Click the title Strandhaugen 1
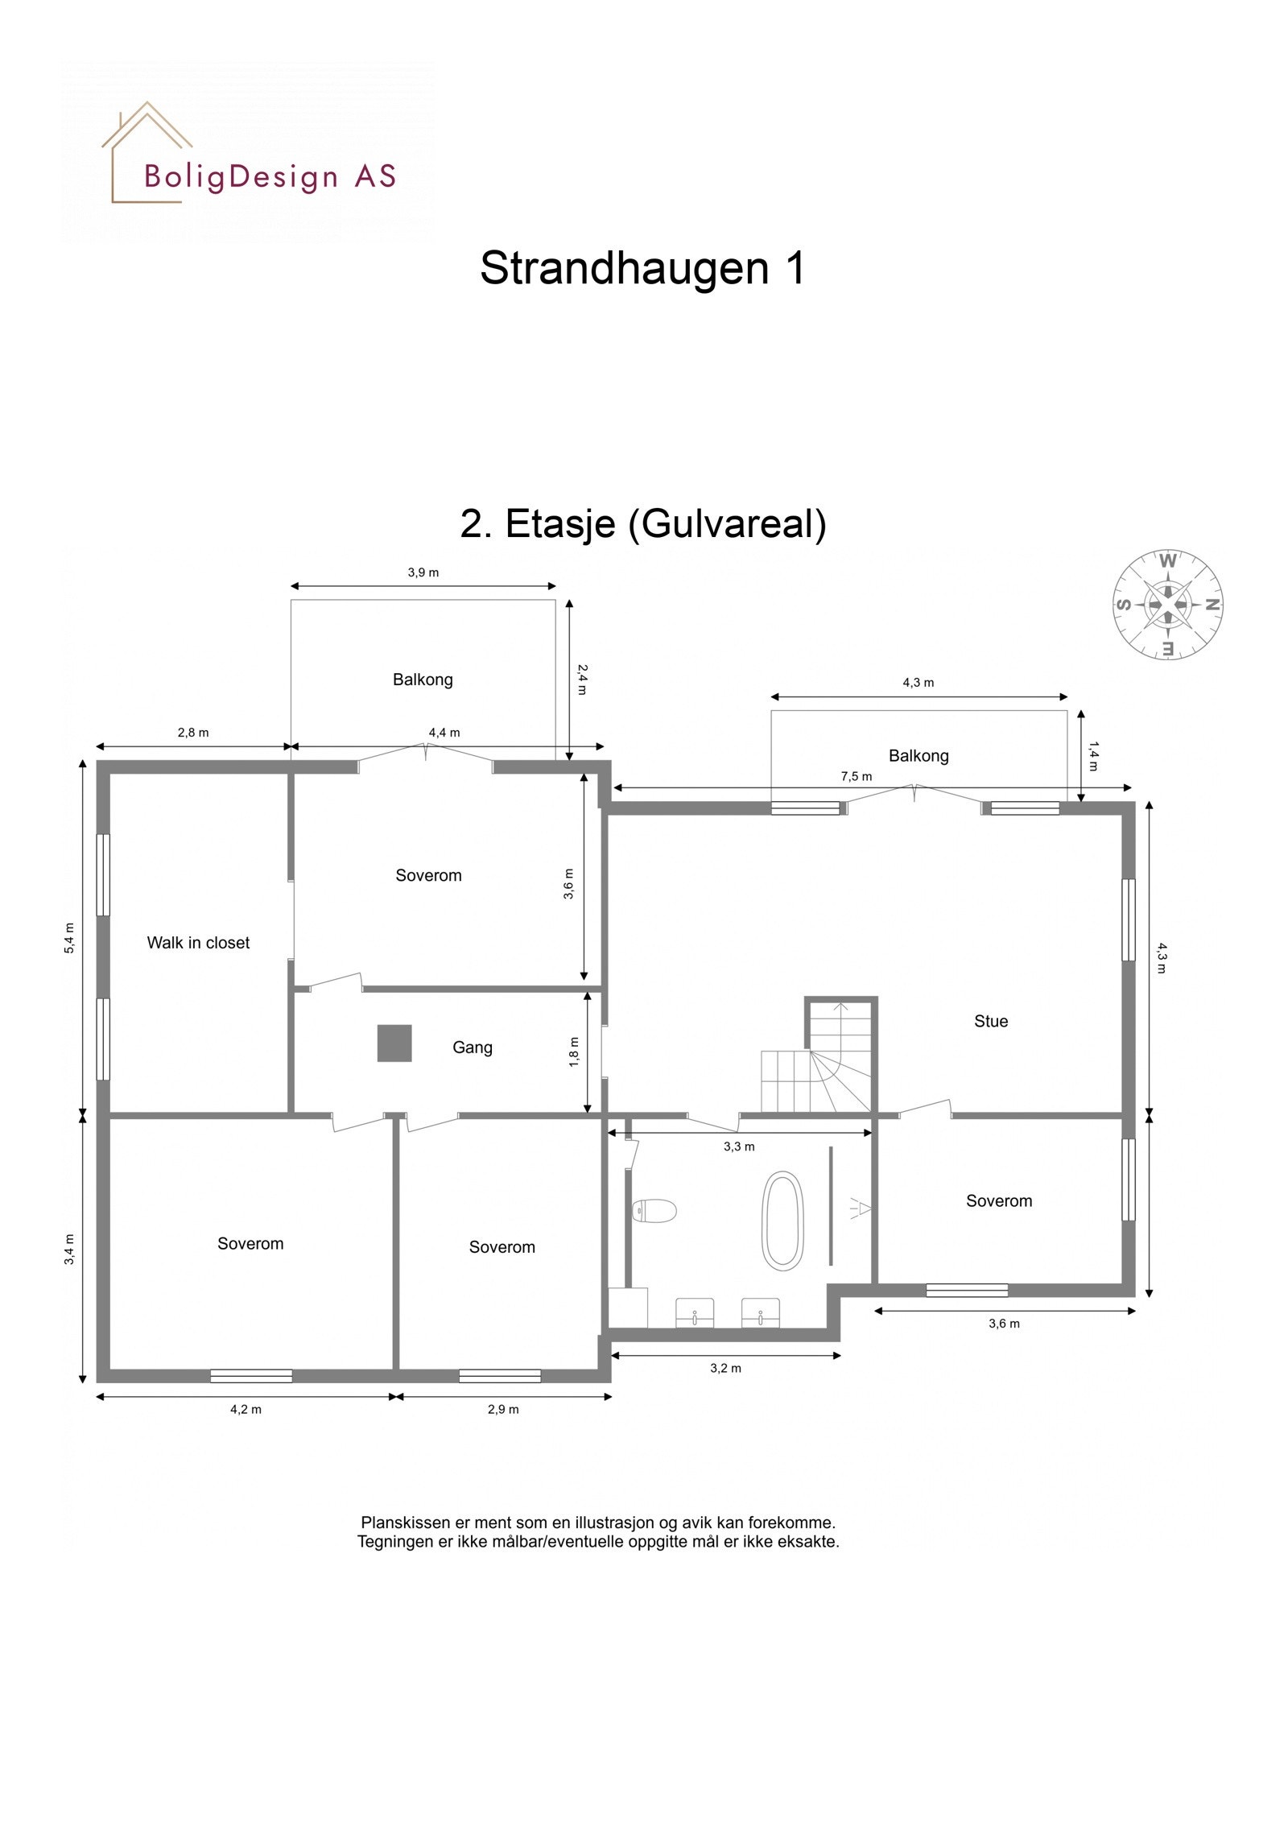[x=642, y=268]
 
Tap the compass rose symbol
[x=1167, y=604]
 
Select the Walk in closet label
[x=198, y=943]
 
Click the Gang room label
[x=472, y=1047]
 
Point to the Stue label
[x=991, y=1022]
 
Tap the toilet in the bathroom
[x=654, y=1210]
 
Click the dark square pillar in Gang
[x=394, y=1043]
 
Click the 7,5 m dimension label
[x=856, y=777]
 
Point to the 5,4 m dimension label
[x=70, y=938]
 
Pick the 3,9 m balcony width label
[x=423, y=573]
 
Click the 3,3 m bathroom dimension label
[x=738, y=1146]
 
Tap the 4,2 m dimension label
[x=246, y=1409]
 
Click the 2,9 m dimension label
[x=503, y=1409]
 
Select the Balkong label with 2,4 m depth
[x=423, y=680]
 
